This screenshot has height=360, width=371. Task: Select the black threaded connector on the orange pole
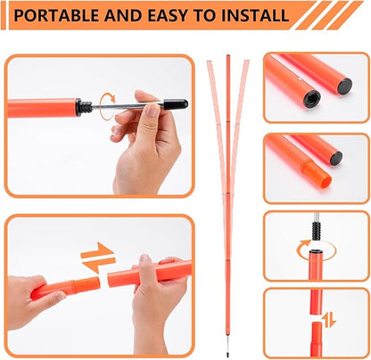pyautogui.click(x=82, y=107)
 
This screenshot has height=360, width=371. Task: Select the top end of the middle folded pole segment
pyautogui.click(x=227, y=59)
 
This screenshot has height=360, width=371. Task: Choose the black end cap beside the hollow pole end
pyautogui.click(x=335, y=158)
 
